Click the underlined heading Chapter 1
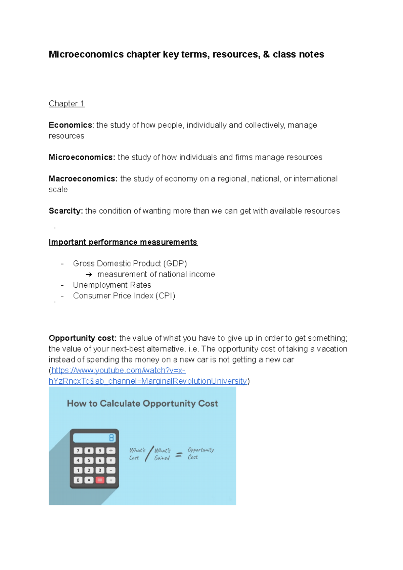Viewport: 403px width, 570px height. click(66, 103)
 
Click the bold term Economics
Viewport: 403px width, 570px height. click(70, 125)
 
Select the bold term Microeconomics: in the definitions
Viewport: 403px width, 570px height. click(82, 157)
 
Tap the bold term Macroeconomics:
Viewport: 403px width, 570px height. click(83, 179)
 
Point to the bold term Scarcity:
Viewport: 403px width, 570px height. click(65, 211)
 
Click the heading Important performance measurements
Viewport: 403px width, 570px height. click(123, 242)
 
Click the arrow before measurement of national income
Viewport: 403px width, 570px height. click(89, 275)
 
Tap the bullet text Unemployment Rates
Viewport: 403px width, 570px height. click(112, 285)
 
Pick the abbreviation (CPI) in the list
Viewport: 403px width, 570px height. click(165, 296)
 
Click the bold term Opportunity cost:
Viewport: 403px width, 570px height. click(82, 338)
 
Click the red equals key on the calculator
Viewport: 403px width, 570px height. click(100, 480)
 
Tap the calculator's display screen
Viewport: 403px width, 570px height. click(94, 438)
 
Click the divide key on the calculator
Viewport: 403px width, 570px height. click(111, 451)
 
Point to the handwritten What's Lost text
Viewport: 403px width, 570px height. click(137, 454)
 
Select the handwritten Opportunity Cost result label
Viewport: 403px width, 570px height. click(200, 453)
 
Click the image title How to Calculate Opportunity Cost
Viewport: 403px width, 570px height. click(142, 403)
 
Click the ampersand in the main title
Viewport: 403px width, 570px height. click(266, 54)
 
